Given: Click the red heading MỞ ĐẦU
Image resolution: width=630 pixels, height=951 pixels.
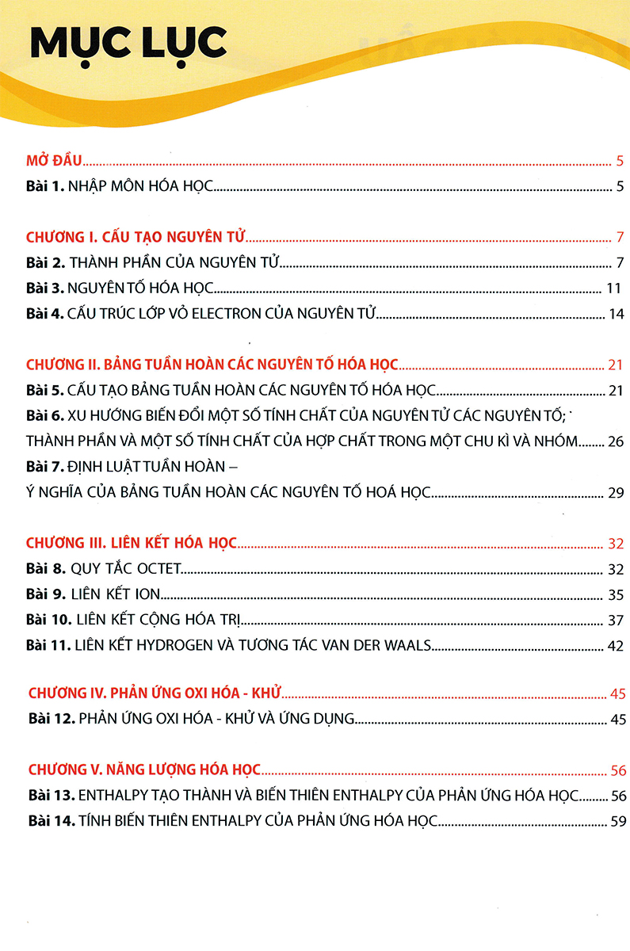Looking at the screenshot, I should click(x=54, y=162).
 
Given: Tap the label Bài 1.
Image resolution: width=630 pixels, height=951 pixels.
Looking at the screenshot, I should click(x=44, y=188).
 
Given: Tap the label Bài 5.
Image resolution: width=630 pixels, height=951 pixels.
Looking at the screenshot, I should click(x=44, y=391).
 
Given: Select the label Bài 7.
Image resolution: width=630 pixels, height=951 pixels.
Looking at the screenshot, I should click(x=44, y=467).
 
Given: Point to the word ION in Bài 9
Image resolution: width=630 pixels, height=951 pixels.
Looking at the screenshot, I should click(x=147, y=594).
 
